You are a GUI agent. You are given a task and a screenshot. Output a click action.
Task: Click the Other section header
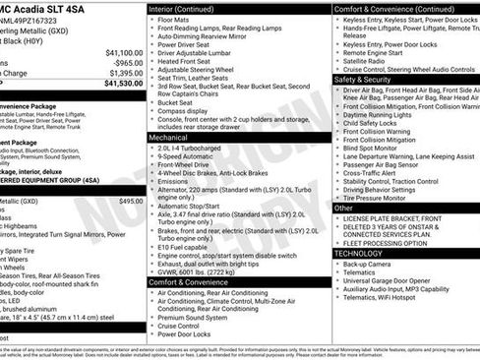(x=343, y=208)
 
